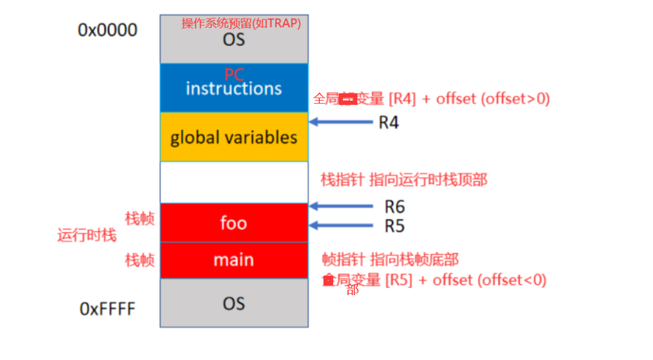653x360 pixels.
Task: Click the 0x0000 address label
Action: pyautogui.click(x=108, y=30)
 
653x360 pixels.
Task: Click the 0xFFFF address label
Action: pyautogui.click(x=108, y=309)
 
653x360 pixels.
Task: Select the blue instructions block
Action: pyautogui.click(x=234, y=88)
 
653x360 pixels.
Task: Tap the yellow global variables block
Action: pyautogui.click(x=234, y=137)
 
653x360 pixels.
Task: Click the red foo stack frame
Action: pyautogui.click(x=234, y=223)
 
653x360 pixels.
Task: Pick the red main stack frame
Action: pyautogui.click(x=234, y=260)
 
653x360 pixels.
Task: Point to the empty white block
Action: pyautogui.click(x=234, y=182)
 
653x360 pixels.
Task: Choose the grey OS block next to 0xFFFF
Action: pyautogui.click(x=234, y=303)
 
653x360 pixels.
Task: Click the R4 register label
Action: pyautogui.click(x=389, y=122)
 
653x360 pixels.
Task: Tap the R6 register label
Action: pyautogui.click(x=394, y=207)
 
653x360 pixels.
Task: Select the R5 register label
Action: pyautogui.click(x=394, y=226)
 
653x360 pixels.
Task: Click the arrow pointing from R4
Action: pyautogui.click(x=340, y=122)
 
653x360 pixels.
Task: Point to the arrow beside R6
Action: pyautogui.click(x=340, y=207)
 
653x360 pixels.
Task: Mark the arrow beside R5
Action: pyautogui.click(x=340, y=226)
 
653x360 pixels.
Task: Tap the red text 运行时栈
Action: pyautogui.click(x=87, y=235)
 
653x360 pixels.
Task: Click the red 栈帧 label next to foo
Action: pyautogui.click(x=139, y=219)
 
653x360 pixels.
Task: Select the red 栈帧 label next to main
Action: pyautogui.click(x=139, y=261)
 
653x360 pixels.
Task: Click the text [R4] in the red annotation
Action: pyautogui.click(x=402, y=98)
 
